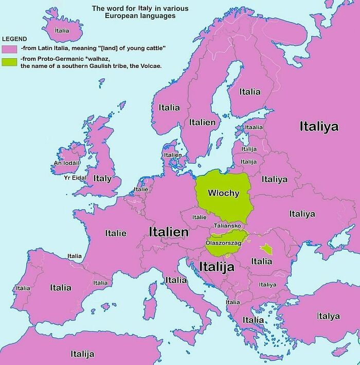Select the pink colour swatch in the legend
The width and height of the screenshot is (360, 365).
(10, 48)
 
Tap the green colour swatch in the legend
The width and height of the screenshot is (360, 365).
(10, 62)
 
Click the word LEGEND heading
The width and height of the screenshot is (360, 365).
(15, 39)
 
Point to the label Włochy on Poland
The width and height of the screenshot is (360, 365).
(223, 193)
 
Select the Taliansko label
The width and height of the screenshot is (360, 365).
(227, 226)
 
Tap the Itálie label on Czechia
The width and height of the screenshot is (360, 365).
(199, 217)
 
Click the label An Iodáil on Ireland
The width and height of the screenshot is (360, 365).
(67, 163)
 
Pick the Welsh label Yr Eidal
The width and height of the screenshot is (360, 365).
(75, 178)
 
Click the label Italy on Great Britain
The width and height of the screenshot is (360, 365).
(102, 178)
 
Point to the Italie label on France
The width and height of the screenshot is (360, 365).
(116, 233)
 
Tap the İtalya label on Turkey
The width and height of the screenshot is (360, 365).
(328, 316)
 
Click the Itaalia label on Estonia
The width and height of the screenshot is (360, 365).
(254, 127)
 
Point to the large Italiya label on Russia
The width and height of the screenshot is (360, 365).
(319, 126)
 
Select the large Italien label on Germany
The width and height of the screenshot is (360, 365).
(169, 232)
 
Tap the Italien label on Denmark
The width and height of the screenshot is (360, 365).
(173, 155)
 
